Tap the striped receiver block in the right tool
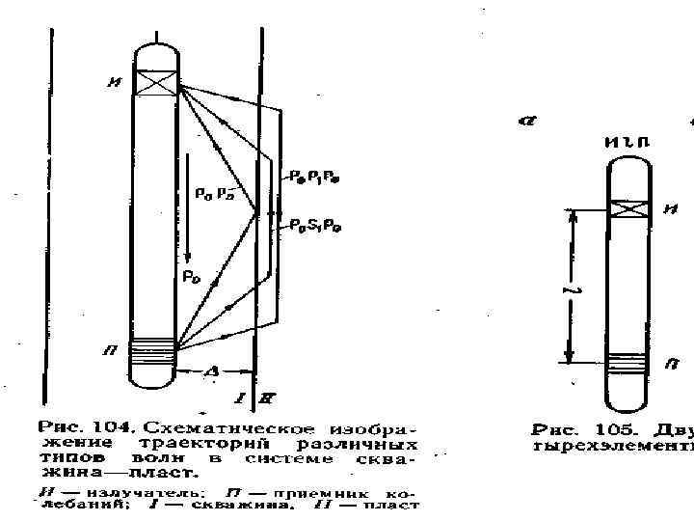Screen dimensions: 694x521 pos(628,363)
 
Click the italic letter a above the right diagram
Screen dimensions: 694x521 pos(526,121)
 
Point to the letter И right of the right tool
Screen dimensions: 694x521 pos(670,209)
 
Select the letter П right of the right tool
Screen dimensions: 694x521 pos(670,364)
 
